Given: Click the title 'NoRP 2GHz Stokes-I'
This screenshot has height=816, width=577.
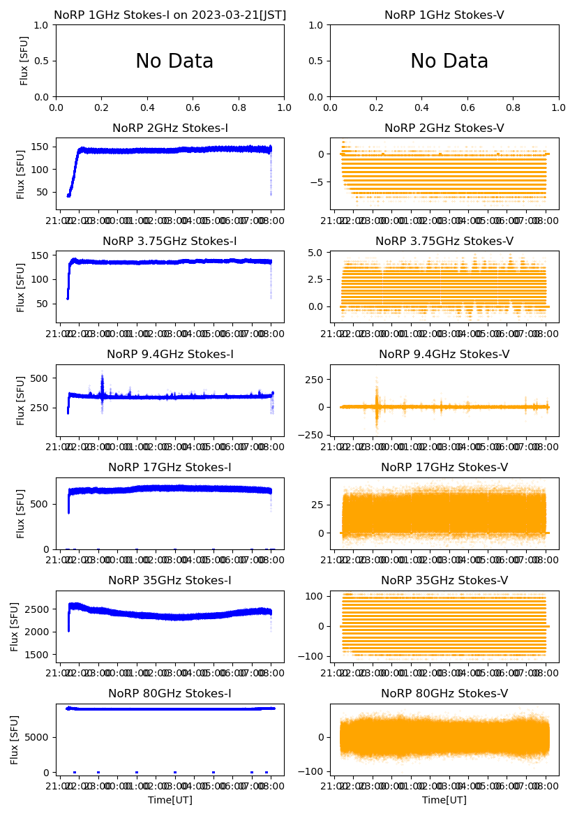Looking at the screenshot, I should coord(170,128).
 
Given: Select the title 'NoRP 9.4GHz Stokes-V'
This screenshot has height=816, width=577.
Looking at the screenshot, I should coord(444,355).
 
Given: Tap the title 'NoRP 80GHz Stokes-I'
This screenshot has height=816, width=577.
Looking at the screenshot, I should coord(170,693).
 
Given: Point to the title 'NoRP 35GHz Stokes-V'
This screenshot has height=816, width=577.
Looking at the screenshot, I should coord(444,580).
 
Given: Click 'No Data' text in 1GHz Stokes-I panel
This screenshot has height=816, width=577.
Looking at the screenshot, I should coord(174,61).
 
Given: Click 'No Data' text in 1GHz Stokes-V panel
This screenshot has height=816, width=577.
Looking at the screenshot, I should coord(449,61).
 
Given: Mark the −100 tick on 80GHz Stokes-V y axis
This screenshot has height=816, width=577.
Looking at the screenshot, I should coord(316,771).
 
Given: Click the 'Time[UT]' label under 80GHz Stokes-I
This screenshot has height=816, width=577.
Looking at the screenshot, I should coord(170,800).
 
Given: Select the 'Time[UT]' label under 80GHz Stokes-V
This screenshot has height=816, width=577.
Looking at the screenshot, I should coord(444,800).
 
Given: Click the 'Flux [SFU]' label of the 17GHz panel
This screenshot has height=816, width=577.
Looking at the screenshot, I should coord(21,514).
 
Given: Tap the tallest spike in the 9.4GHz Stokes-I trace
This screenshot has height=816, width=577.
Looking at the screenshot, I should coord(102,372).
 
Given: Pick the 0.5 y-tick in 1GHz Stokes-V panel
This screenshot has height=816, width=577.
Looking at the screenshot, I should coord(316,61).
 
